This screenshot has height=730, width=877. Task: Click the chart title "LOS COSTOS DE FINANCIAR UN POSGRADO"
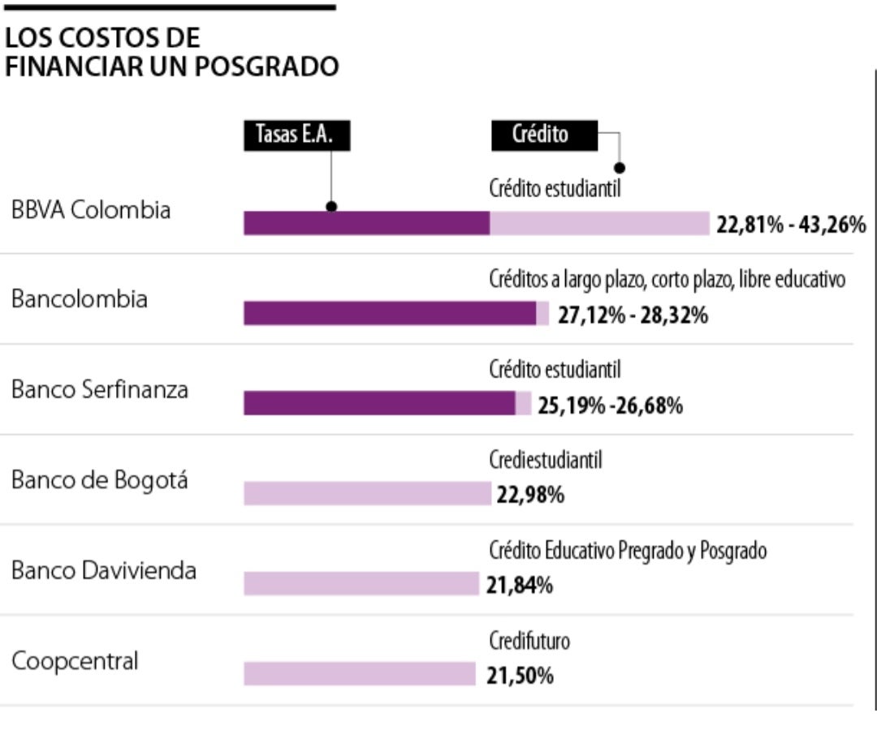tap(171, 53)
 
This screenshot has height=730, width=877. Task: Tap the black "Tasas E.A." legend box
tap(297, 135)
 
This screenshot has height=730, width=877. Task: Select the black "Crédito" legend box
tap(544, 135)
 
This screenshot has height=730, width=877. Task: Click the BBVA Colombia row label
tap(91, 210)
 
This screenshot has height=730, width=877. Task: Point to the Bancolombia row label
tap(80, 299)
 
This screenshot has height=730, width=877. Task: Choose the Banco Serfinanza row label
tap(100, 390)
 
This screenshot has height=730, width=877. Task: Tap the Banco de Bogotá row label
tap(99, 480)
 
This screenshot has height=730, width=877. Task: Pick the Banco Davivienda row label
tap(104, 571)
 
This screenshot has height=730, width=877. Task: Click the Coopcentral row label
tap(75, 661)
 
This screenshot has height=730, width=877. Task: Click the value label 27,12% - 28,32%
tap(633, 315)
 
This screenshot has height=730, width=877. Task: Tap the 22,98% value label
tap(530, 495)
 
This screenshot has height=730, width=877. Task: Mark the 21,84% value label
tap(520, 585)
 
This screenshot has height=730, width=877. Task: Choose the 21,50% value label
tap(520, 676)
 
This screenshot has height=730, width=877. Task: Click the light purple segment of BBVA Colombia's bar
tap(599, 223)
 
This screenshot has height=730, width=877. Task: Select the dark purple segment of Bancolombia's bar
tap(390, 313)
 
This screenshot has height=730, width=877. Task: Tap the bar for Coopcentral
tap(359, 674)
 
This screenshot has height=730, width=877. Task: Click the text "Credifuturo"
tap(529, 642)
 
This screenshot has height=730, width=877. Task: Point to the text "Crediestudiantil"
tap(546, 461)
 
